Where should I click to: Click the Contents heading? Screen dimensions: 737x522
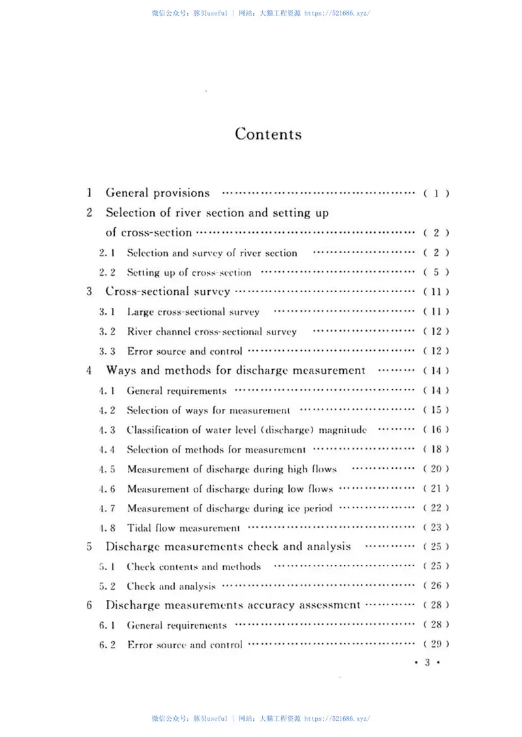tap(268, 134)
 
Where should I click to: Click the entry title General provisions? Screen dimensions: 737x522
tap(158, 193)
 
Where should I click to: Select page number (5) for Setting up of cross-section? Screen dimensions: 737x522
tap(436, 273)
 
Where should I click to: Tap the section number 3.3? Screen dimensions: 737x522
tap(107, 351)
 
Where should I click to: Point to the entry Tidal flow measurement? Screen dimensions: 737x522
tap(183, 528)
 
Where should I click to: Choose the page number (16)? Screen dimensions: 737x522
tap(436, 430)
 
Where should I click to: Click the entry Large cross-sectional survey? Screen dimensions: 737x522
tap(192, 312)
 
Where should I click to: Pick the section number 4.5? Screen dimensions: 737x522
tap(107, 469)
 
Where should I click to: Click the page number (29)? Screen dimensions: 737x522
tap(436, 644)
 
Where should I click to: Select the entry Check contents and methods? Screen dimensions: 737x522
tap(193, 567)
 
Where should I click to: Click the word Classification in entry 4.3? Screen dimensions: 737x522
tap(156, 430)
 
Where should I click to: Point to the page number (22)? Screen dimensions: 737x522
tap(436, 508)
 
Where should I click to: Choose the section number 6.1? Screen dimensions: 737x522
tap(107, 625)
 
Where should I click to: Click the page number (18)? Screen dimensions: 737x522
tap(436, 449)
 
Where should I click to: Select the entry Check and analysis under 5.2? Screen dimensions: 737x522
tap(171, 586)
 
